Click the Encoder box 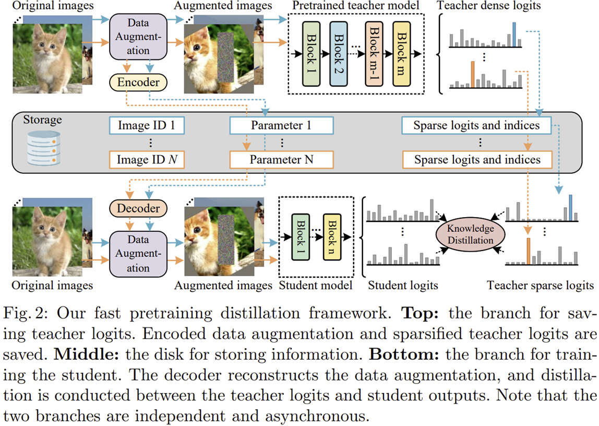pyautogui.click(x=138, y=82)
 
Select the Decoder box pyautogui.click(x=138, y=208)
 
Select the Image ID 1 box pyautogui.click(x=147, y=126)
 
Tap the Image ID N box pyautogui.click(x=147, y=159)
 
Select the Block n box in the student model pyautogui.click(x=333, y=236)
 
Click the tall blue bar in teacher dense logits pyautogui.click(x=514, y=34)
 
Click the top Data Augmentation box pyautogui.click(x=138, y=36)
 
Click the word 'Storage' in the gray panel pyautogui.click(x=42, y=120)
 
